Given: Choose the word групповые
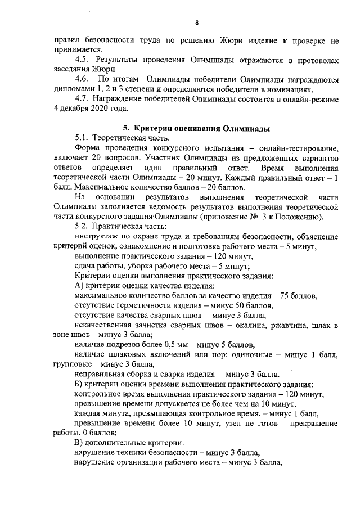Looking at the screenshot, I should [x=74, y=365].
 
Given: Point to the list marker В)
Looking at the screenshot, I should [x=79, y=444].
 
